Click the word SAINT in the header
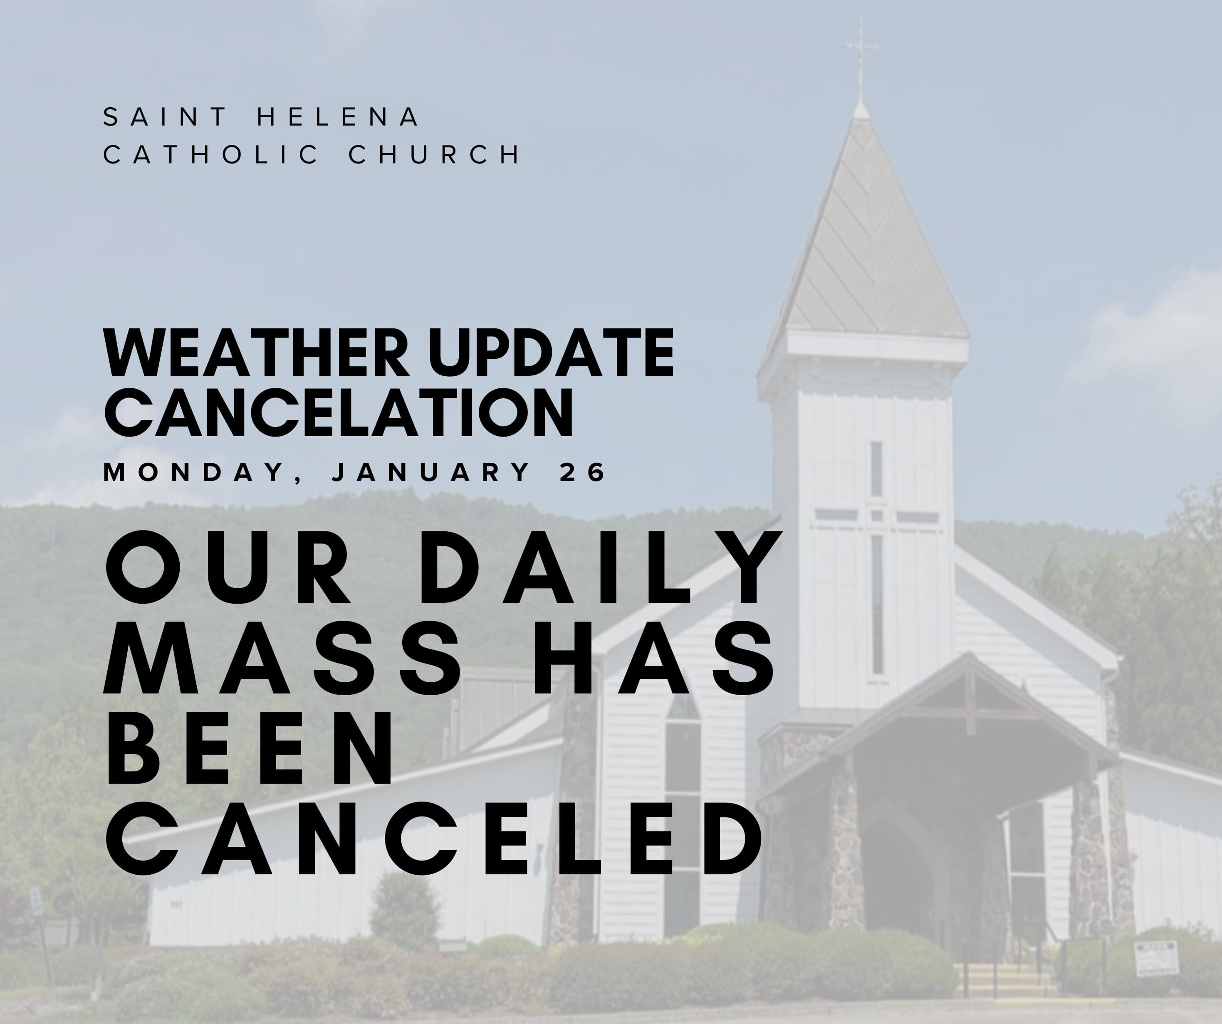click(164, 117)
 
